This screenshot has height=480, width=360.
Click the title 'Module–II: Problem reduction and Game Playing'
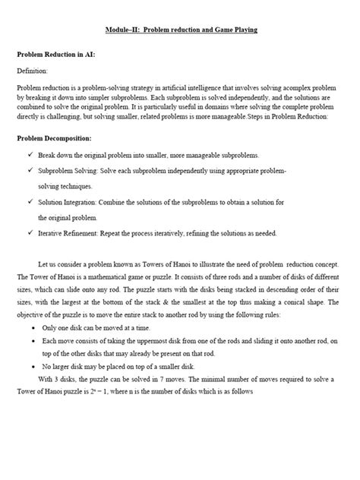[x=180, y=30]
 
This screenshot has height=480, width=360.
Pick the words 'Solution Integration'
[x=68, y=202]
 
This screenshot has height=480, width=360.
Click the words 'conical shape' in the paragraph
[x=317, y=302]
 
